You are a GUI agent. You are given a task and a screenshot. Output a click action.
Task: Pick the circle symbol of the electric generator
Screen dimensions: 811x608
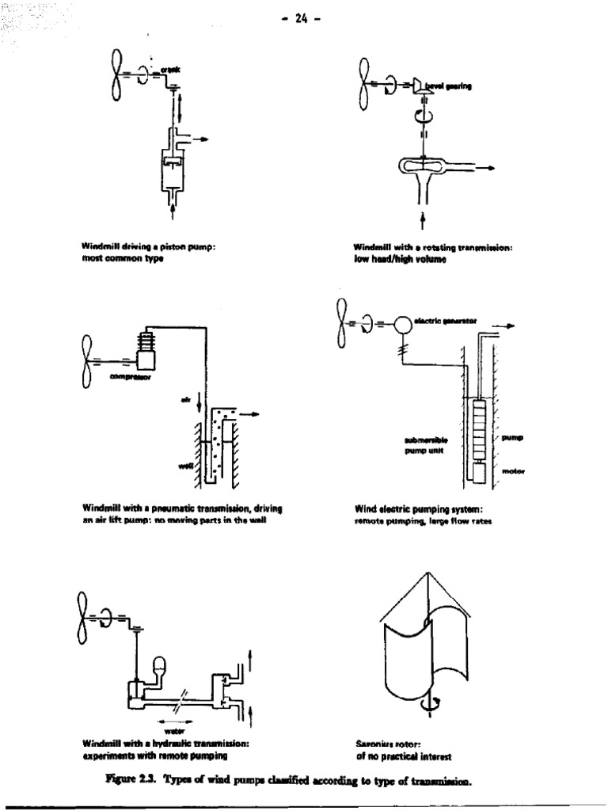pos(403,325)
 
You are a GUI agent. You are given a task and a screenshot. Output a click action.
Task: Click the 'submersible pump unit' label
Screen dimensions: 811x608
pos(426,443)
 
